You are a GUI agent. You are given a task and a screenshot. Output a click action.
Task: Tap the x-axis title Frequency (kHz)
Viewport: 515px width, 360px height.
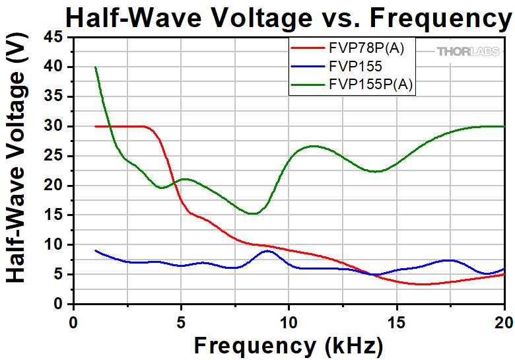pyautogui.click(x=288, y=345)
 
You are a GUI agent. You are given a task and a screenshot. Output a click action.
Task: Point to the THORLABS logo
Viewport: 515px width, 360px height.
pyautogui.click(x=468, y=52)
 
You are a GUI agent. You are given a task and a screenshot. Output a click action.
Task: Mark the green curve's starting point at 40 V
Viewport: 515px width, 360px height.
pyautogui.click(x=96, y=67)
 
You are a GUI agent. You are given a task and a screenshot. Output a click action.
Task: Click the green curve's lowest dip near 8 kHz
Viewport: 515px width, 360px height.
pyautogui.click(x=253, y=213)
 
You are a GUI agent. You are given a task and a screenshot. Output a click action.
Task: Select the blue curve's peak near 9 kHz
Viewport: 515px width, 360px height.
pyautogui.click(x=267, y=251)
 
